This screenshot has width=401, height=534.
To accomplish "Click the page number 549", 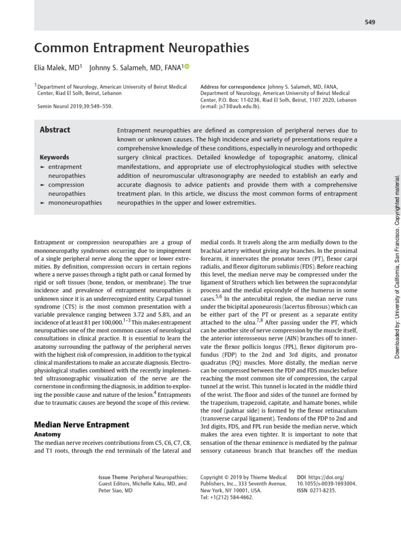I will [x=370, y=22].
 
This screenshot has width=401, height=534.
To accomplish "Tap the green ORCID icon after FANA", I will [x=187, y=67].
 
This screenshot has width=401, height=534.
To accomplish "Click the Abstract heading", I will [x=55, y=130].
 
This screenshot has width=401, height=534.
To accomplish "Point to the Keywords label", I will [x=54, y=157].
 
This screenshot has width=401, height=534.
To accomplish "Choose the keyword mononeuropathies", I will [x=75, y=202].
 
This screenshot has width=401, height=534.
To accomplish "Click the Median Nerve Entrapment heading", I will [x=81, y=424].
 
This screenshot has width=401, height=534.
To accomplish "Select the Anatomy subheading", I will [x=48, y=434].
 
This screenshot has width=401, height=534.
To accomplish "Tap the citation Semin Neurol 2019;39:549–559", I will [x=75, y=106].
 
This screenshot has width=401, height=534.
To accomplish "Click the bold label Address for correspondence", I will [x=233, y=87].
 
